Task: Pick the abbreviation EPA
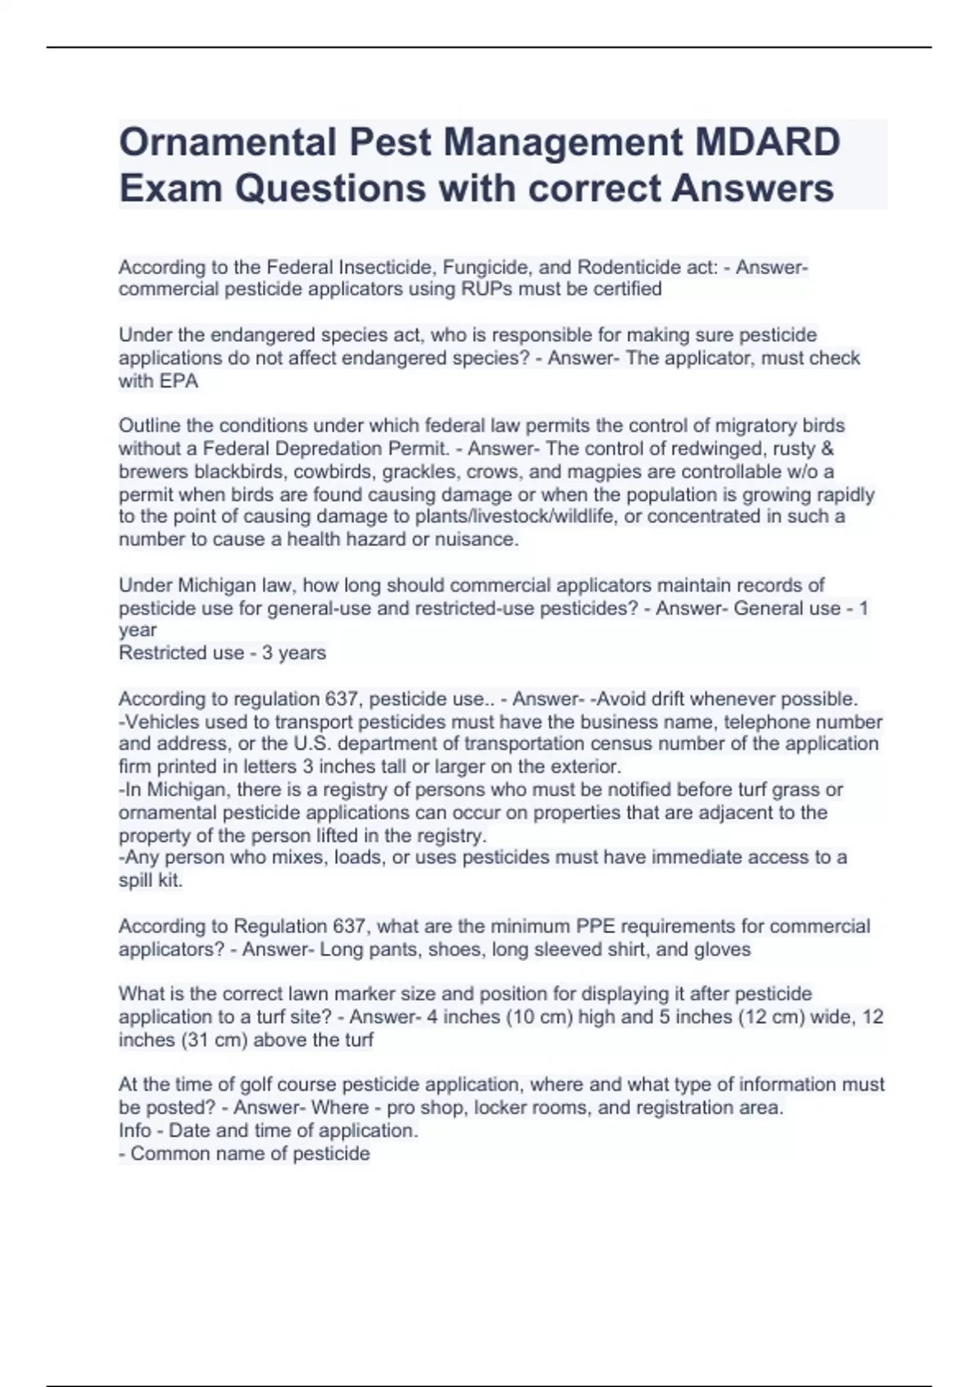179,381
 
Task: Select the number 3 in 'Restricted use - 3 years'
267,653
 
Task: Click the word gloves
722,950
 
